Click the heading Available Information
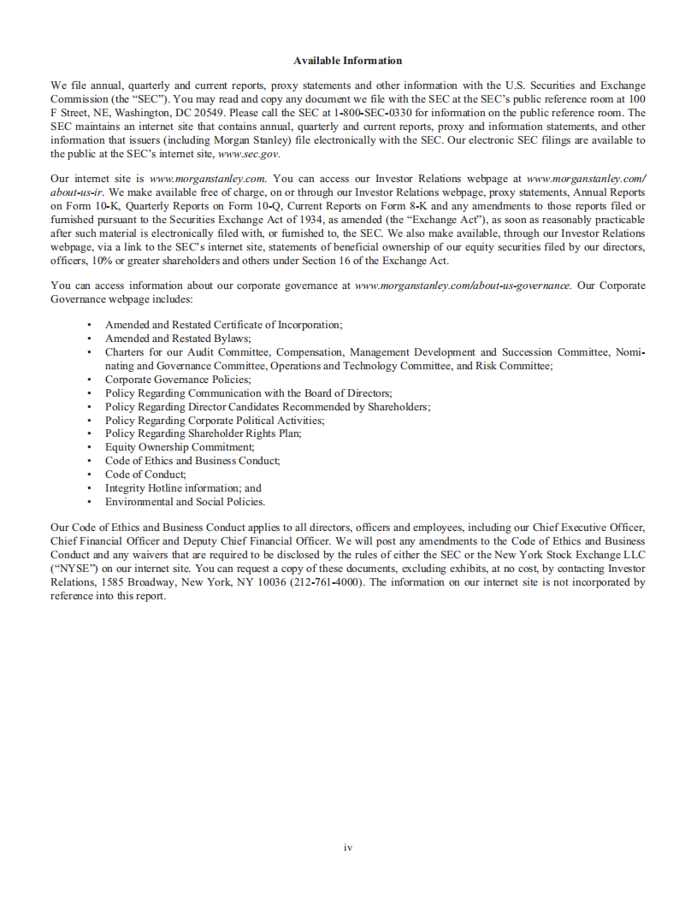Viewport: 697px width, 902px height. (347, 61)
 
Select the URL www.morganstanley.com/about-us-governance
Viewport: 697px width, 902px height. (462, 286)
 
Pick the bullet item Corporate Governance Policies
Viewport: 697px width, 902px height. (178, 379)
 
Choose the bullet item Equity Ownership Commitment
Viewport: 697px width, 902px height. (180, 447)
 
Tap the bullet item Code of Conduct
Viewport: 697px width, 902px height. (145, 475)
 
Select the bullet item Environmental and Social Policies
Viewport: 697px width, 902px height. (185, 502)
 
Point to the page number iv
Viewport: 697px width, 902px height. (348, 847)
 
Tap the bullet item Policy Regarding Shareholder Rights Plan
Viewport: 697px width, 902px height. (203, 433)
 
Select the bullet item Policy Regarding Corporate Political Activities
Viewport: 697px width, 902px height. (215, 420)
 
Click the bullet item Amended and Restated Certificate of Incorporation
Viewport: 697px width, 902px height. (223, 325)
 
